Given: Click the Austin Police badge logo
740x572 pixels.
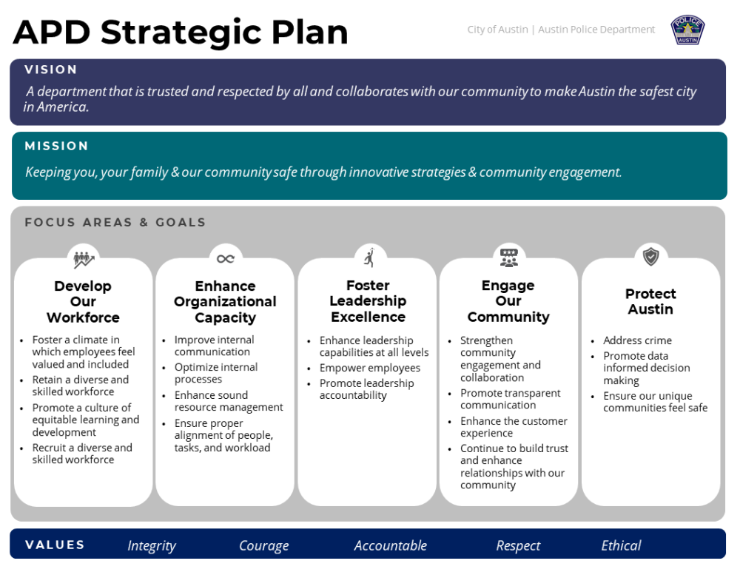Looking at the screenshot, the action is pos(687,30).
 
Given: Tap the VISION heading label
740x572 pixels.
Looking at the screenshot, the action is pos(51,70).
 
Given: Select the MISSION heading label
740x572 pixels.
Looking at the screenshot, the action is pos(57,147).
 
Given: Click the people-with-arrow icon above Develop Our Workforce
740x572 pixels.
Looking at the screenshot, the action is pos(84,259).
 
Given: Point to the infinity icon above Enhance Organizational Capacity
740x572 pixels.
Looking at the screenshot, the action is pos(226,259).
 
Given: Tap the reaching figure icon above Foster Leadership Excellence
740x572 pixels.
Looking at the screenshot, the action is pos(369,258).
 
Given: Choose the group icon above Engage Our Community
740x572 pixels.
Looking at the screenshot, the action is pos(509,258).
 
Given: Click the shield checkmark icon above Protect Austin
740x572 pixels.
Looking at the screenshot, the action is pos(650,257).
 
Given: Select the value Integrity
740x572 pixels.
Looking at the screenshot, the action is pos(152,545).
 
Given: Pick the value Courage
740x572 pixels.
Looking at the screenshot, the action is pos(264,545).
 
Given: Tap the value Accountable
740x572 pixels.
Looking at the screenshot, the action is pos(390,545).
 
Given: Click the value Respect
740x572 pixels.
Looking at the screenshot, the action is pos(518,545).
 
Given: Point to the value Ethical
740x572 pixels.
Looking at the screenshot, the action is pos(621,545).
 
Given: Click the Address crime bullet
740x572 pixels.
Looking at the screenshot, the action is pos(637,340).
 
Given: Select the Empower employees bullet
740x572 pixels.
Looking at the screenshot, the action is pos(369,368).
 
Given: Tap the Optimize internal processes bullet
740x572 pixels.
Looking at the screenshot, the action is pos(215,373).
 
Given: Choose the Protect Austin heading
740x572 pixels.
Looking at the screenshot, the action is pos(650,301).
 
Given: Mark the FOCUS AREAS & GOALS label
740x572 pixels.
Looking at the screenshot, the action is pos(115,222).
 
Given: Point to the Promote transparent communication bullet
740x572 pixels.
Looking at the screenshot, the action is pos(510,399).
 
